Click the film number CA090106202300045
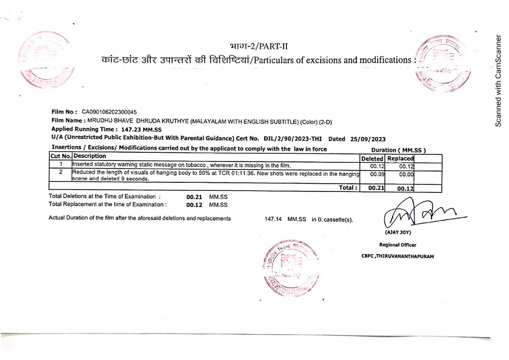pyautogui.click(x=109, y=112)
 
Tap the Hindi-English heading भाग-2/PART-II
pyautogui.click(x=259, y=47)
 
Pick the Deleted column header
pyautogui.click(x=372, y=158)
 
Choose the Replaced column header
pyautogui.click(x=400, y=158)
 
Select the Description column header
pyautogui.click(x=90, y=156)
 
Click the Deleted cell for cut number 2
pyautogui.click(x=377, y=174)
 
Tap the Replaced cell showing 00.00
pyautogui.click(x=406, y=174)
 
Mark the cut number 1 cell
pyautogui.click(x=61, y=164)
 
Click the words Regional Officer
pyautogui.click(x=398, y=245)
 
